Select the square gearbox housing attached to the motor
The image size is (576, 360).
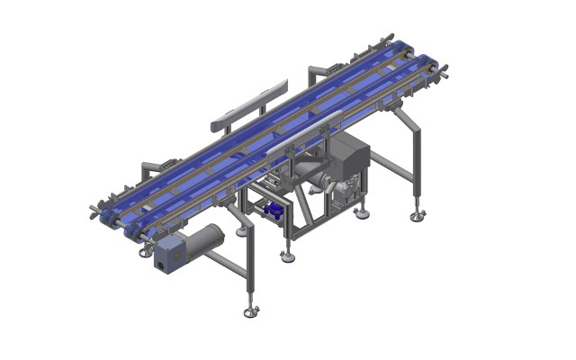[167, 256]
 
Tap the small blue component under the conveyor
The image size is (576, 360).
[273, 211]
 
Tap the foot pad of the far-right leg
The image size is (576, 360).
[417, 217]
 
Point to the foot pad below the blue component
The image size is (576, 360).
[287, 256]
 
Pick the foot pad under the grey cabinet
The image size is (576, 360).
[362, 213]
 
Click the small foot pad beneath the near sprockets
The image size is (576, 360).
[146, 253]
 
